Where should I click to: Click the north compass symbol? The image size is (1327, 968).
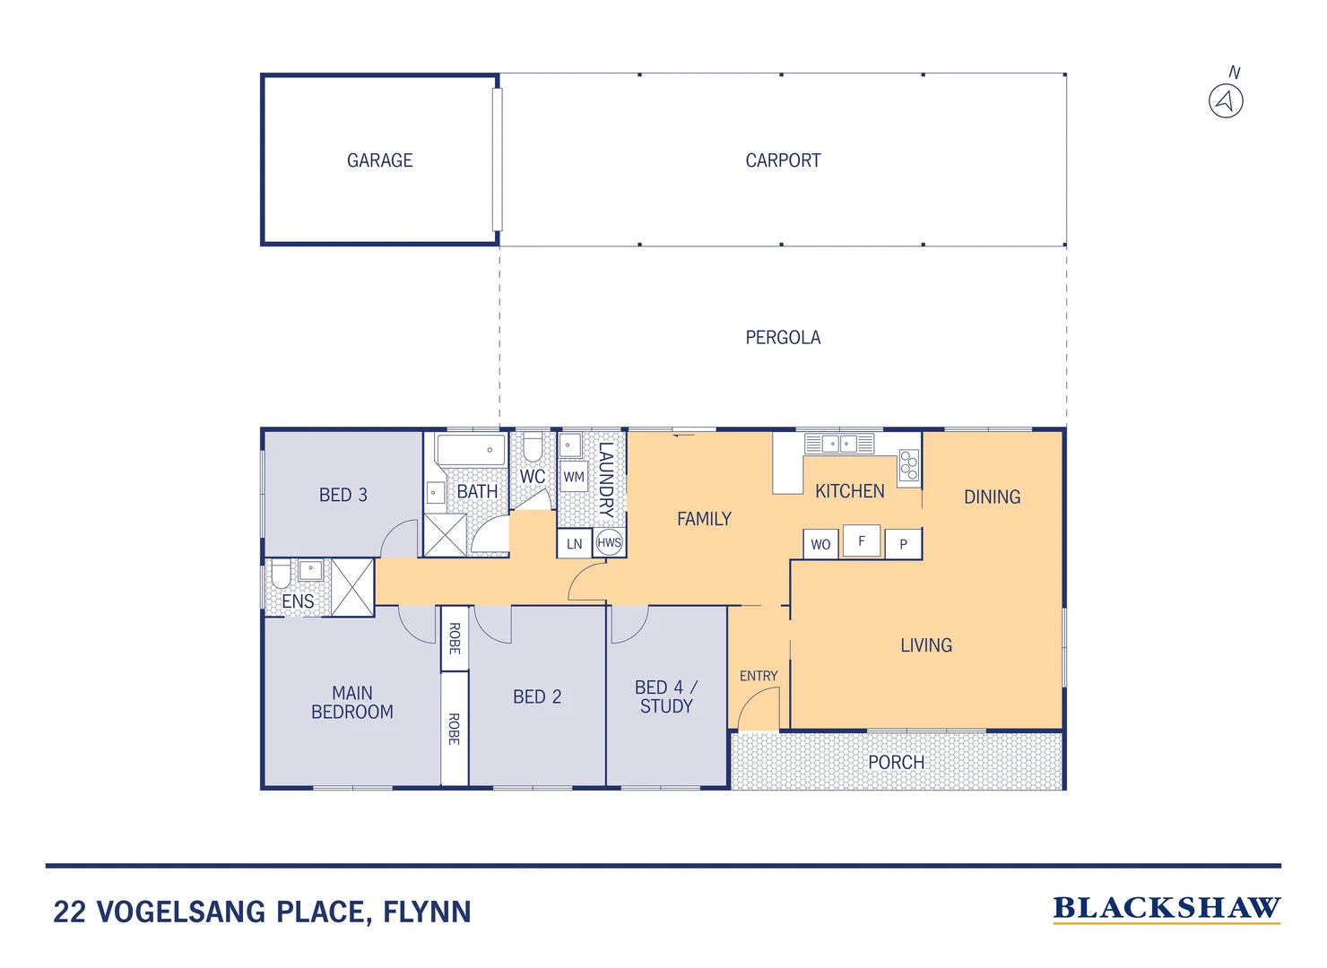[x=1226, y=100]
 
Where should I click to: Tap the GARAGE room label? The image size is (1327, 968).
[x=379, y=160]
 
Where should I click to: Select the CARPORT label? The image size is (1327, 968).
[x=783, y=160]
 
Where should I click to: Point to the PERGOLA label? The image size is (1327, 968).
[x=783, y=337]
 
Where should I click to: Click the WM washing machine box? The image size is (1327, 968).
[x=574, y=477]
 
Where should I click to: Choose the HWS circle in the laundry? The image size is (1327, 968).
[x=609, y=542]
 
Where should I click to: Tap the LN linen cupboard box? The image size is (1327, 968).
[x=574, y=543]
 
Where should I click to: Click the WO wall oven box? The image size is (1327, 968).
[x=820, y=543]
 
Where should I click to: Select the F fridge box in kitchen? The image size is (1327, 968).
[x=862, y=540]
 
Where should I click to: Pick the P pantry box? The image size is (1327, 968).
[x=903, y=543]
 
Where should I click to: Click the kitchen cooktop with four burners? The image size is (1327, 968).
[x=909, y=465]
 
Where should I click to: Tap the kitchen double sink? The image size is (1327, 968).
[x=839, y=444]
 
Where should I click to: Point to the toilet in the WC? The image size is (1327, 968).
[x=533, y=448]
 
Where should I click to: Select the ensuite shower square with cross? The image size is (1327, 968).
[x=352, y=587]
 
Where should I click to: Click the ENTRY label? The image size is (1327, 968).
[x=759, y=676]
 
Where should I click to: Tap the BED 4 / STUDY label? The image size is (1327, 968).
[x=665, y=696]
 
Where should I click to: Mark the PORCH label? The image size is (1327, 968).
[x=896, y=762]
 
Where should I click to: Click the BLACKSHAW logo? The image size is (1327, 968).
[x=1167, y=908]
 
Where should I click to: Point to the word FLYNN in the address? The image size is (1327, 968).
[x=427, y=912]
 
